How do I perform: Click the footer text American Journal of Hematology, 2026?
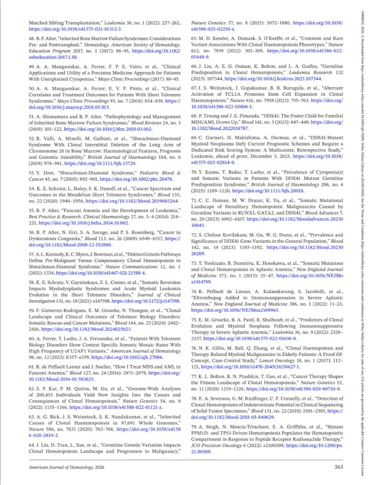click(x=66, y=467)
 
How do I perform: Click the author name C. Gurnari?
click(x=211, y=137)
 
